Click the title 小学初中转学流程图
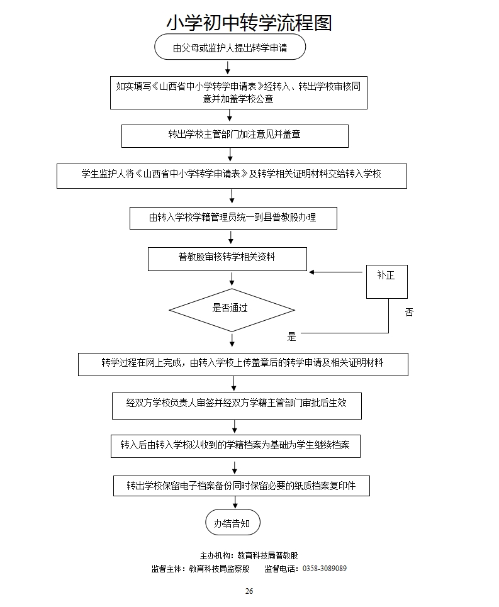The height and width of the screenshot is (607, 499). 249,22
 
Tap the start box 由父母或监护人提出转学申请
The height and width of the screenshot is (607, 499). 230,48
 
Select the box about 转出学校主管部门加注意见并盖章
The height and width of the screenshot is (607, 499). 234,135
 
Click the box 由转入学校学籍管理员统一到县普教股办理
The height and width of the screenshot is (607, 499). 233,218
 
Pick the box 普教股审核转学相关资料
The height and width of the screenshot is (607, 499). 227,258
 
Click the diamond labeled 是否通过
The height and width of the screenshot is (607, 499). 232,309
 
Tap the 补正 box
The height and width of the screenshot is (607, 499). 386,281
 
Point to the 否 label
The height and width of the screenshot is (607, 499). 410,313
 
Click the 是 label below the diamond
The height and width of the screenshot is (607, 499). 291,337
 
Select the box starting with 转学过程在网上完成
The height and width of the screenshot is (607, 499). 242,364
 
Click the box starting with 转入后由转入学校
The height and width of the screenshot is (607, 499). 235,445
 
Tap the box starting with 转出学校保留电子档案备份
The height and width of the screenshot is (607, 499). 241,486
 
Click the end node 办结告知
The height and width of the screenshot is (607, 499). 232,523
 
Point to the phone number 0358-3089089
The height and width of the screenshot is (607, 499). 325,569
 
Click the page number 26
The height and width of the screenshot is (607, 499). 249,591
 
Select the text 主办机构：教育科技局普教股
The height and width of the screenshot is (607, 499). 249,555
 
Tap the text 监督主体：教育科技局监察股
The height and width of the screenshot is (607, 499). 201,569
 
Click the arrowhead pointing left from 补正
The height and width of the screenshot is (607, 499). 311,272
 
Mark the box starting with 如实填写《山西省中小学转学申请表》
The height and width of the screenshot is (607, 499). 238,92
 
